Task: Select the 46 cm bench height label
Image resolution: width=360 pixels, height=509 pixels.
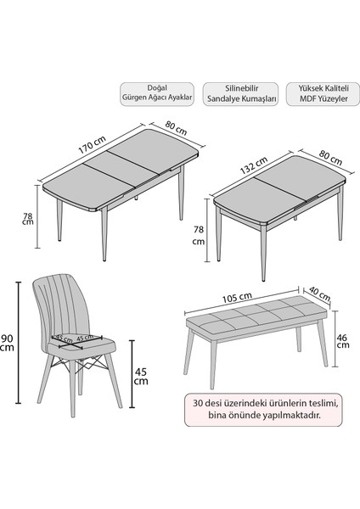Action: click(342, 341)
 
